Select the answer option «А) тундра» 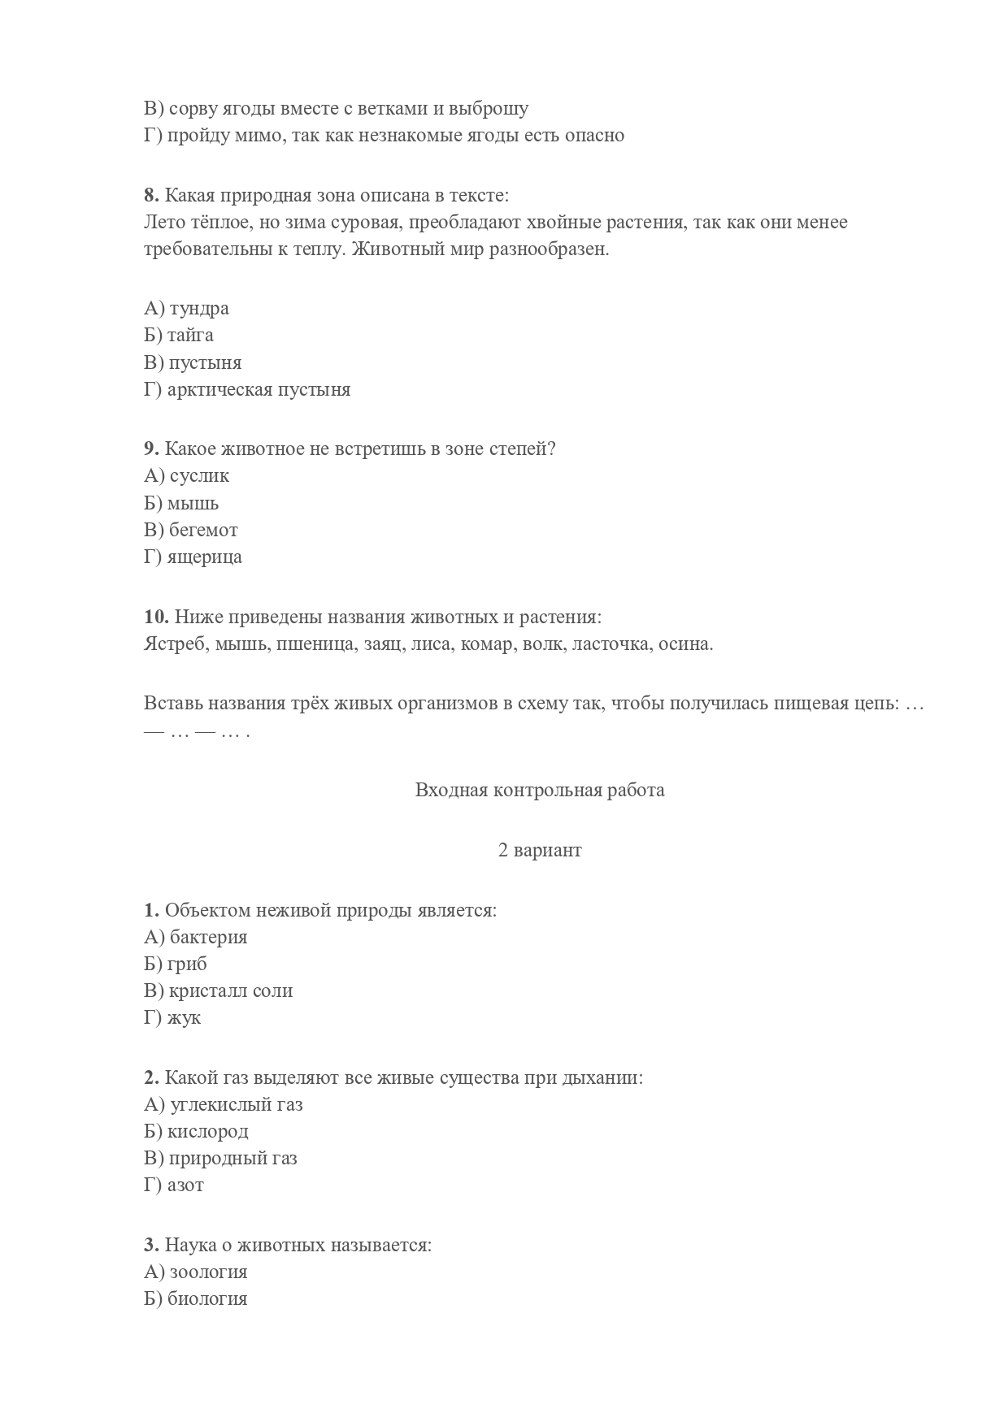click(186, 308)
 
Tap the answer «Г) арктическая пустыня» click(247, 389)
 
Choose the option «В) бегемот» click(191, 530)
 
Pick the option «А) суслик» click(186, 475)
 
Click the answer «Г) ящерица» click(193, 557)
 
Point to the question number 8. click(151, 195)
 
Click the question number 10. click(156, 617)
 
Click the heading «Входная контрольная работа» click(540, 790)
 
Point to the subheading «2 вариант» click(540, 850)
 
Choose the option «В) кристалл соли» click(218, 990)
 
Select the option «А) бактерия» click(195, 937)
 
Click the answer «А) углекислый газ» click(223, 1104)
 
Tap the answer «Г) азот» click(174, 1185)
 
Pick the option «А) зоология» click(195, 1272)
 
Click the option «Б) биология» click(195, 1298)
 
